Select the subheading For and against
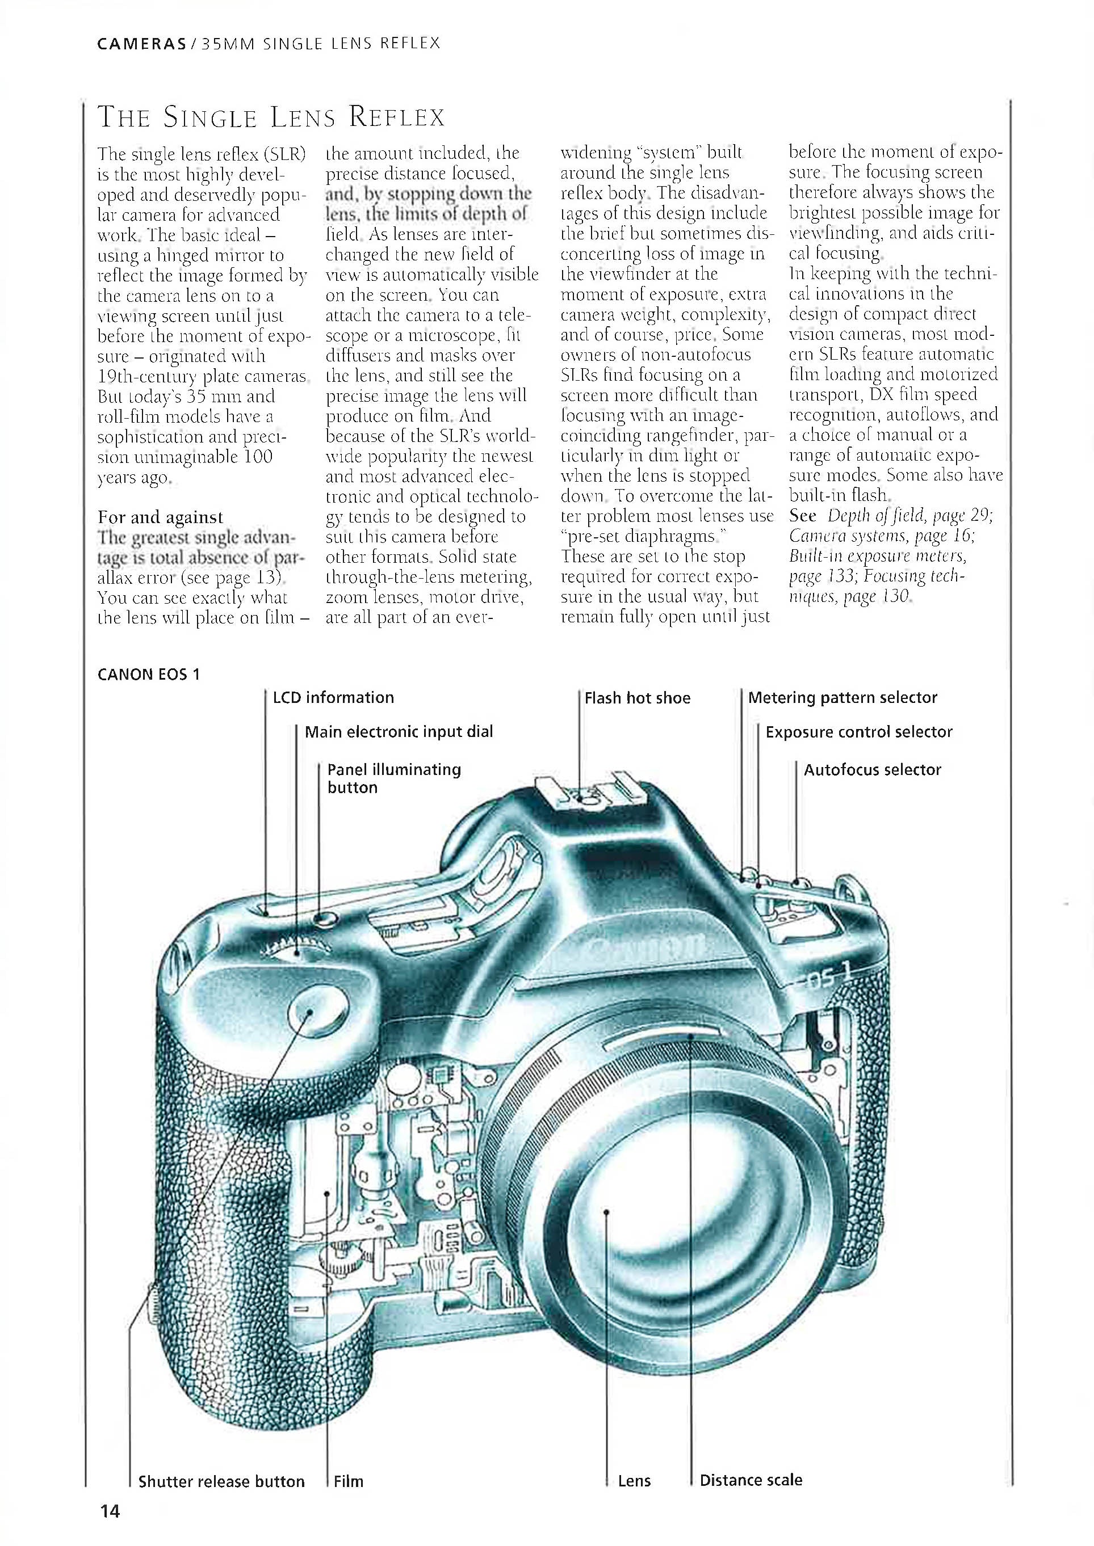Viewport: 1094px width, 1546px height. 160,517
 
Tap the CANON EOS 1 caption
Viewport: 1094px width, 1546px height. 148,675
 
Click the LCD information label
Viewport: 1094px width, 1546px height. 333,698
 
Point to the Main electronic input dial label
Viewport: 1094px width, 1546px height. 399,732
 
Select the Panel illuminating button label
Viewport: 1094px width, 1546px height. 394,778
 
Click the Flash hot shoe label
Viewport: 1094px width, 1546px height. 638,698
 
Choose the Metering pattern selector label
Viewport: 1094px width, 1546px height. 842,698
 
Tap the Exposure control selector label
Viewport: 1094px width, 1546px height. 859,732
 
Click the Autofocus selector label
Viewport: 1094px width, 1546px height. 873,770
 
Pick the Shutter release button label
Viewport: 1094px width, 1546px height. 221,1481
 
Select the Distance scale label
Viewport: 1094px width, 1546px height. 751,1480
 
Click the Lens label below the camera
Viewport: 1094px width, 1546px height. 634,1481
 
